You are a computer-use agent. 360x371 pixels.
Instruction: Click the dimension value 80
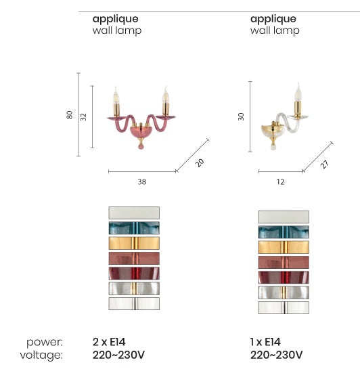(x=69, y=115)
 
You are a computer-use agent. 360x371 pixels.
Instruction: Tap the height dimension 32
(x=83, y=117)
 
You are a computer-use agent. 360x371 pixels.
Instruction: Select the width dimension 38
(x=142, y=181)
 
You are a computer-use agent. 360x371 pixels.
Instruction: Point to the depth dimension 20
(x=200, y=162)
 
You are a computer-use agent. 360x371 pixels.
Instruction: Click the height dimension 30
(x=241, y=116)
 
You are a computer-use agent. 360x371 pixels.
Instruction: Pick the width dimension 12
(x=281, y=182)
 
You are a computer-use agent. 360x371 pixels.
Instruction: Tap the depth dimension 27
(x=325, y=165)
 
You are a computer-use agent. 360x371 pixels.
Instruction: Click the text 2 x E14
(x=109, y=342)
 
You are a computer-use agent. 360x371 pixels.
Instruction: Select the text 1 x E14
(x=265, y=342)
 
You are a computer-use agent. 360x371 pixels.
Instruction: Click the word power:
(x=45, y=343)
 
